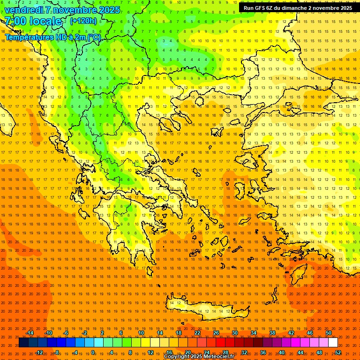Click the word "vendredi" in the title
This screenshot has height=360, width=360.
[23, 10]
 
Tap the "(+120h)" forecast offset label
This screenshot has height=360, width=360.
[83, 21]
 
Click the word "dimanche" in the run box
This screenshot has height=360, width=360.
[291, 8]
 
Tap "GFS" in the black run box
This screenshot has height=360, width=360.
[262, 8]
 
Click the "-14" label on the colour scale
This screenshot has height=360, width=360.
[30, 333]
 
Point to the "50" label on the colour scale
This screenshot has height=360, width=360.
[329, 333]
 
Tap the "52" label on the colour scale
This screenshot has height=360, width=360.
[337, 352]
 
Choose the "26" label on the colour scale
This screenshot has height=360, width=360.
[216, 333]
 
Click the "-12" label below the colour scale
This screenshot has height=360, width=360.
[39, 352]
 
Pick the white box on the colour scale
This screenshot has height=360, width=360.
[333, 343]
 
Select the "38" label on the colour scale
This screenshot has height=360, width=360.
[272, 333]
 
